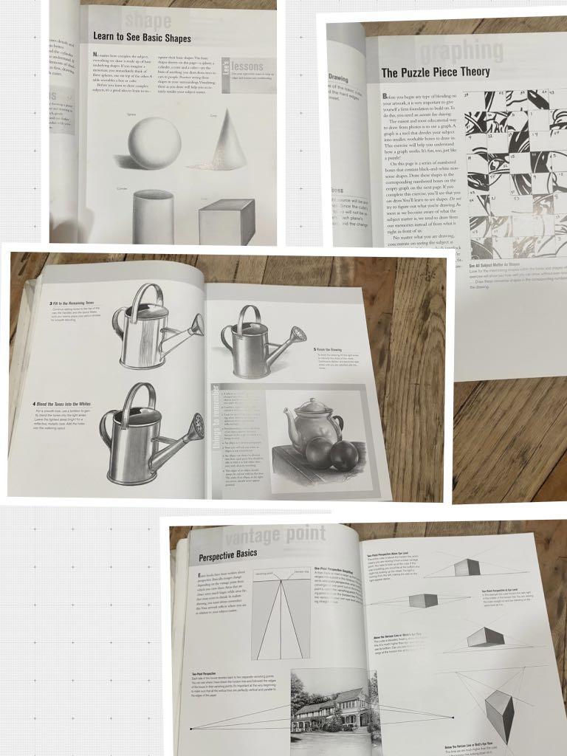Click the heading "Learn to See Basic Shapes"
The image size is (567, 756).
(142, 38)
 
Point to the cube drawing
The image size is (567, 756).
(226, 221)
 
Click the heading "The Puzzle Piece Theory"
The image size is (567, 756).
(435, 72)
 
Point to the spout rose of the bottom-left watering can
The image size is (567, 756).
(197, 426)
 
